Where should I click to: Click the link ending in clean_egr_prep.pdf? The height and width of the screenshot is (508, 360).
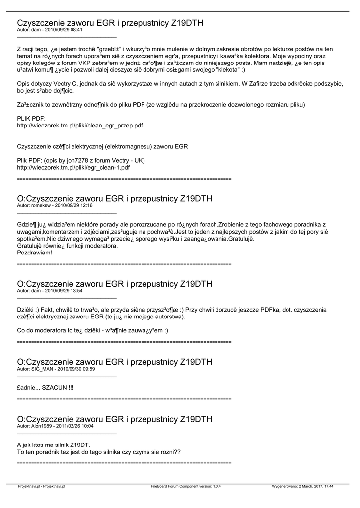(x=80, y=126)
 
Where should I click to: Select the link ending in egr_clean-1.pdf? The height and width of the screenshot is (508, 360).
(x=73, y=168)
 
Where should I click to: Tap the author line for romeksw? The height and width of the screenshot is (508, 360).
(x=55, y=205)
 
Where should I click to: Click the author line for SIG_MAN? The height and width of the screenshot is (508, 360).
(x=56, y=369)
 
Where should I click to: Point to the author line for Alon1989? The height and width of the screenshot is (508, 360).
(x=55, y=426)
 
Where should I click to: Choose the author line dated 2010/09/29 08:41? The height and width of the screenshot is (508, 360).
(x=50, y=30)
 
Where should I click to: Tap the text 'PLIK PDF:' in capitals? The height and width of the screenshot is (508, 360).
(x=31, y=119)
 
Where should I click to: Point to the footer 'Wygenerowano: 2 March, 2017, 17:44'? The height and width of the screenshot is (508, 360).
(x=302, y=487)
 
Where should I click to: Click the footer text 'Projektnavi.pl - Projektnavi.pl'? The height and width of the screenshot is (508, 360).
(x=41, y=487)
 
